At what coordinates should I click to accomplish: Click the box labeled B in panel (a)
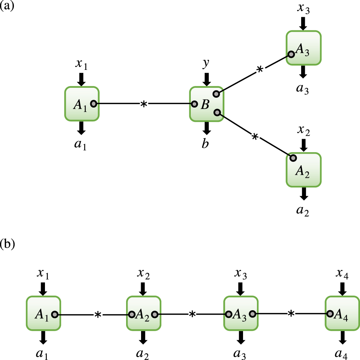(x=206, y=104)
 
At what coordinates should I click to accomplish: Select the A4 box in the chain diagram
(x=342, y=314)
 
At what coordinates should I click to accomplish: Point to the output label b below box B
(x=206, y=144)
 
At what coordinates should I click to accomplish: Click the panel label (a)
(x=7, y=6)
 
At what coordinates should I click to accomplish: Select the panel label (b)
(x=8, y=244)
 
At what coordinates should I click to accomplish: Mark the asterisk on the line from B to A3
(x=260, y=70)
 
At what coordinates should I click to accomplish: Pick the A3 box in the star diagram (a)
(x=303, y=48)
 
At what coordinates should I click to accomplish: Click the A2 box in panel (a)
(x=303, y=170)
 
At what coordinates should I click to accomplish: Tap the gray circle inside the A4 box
(x=330, y=314)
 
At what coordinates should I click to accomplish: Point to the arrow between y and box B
(x=207, y=79)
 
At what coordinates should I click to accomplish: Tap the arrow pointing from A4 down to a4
(x=342, y=337)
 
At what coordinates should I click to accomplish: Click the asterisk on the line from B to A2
(x=255, y=137)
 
